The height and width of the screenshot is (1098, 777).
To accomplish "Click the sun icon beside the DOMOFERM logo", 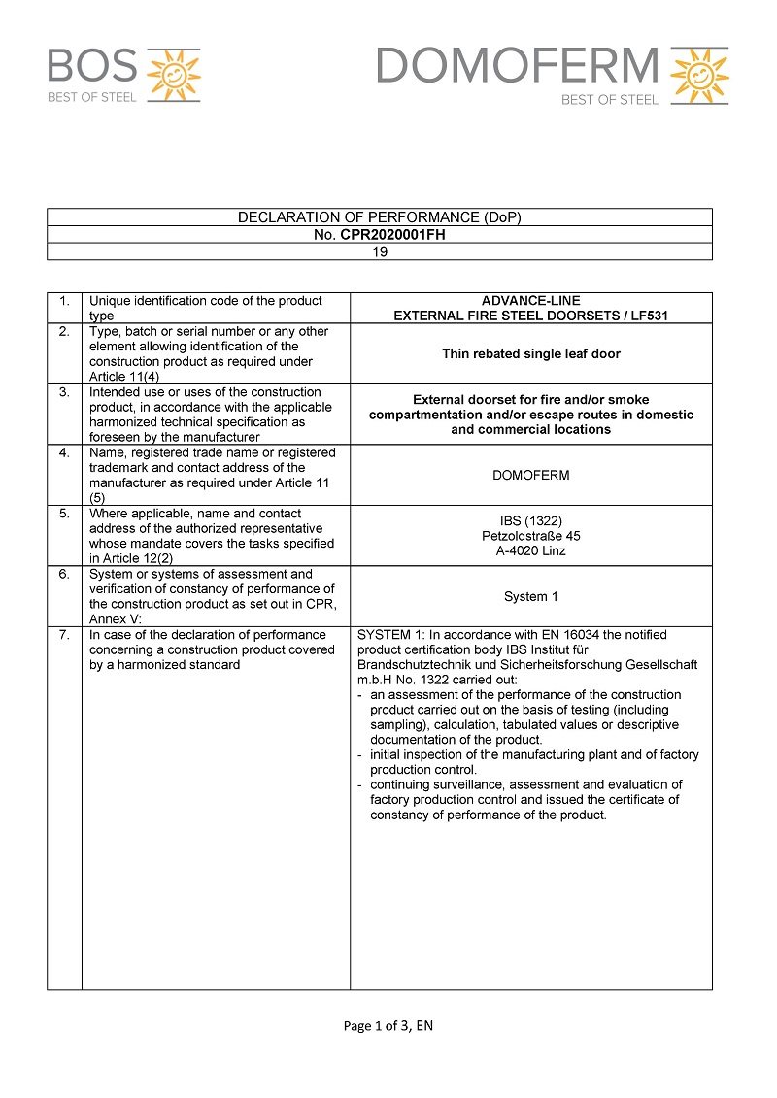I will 699,75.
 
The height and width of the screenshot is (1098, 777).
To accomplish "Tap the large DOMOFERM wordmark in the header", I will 517,66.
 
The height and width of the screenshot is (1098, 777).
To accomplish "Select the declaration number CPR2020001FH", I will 392,234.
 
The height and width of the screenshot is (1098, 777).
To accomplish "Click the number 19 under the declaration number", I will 380,251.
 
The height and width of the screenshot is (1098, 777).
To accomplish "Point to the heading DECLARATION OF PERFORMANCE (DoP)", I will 380,217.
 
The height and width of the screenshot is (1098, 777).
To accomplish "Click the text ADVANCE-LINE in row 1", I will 531,301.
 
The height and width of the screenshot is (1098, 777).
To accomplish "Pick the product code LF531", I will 648,316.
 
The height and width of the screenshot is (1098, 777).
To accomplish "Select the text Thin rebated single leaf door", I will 531,353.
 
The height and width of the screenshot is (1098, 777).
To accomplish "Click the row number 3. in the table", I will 64,392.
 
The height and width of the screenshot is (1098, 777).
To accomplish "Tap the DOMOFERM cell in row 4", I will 531,476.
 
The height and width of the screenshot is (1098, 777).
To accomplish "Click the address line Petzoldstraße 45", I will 531,536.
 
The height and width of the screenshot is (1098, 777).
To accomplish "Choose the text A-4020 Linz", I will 531,550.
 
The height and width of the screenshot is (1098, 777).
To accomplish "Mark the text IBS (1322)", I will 531,521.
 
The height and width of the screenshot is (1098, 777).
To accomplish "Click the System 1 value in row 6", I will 531,596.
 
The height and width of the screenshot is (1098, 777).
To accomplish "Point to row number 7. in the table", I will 64,635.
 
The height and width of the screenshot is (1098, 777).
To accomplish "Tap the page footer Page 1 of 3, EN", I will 388,1026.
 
